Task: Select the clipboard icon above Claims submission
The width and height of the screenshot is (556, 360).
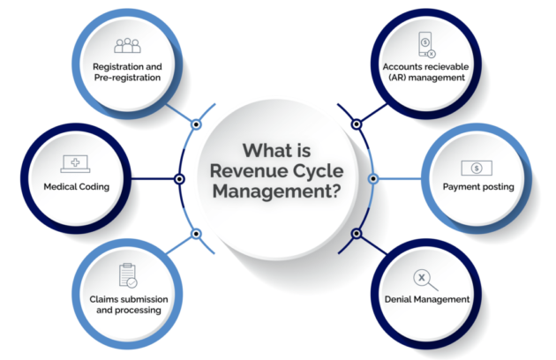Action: (x=127, y=275)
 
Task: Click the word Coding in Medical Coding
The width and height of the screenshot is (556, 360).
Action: (x=98, y=186)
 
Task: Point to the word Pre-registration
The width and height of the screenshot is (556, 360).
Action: (x=127, y=77)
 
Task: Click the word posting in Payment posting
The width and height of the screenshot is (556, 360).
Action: (x=503, y=186)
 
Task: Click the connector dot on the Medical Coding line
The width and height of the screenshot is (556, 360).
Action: (x=180, y=179)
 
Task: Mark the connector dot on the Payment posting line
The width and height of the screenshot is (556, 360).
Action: (x=374, y=179)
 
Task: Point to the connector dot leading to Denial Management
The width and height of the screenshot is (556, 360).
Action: (x=357, y=234)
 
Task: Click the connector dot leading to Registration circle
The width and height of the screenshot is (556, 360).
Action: (x=197, y=124)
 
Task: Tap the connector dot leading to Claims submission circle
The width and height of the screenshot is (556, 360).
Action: (x=197, y=234)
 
